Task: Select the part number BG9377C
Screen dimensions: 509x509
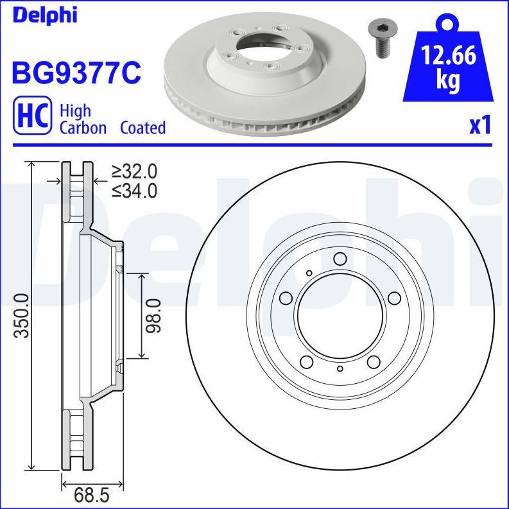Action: tap(76, 73)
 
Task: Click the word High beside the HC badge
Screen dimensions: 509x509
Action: tap(75, 110)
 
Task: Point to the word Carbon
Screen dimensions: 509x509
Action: tap(83, 128)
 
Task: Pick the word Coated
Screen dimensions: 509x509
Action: tap(142, 128)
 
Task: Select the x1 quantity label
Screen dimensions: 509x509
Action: tap(479, 125)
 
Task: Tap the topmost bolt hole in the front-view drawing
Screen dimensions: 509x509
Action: tap(340, 259)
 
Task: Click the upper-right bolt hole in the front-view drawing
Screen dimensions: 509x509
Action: tap(395, 298)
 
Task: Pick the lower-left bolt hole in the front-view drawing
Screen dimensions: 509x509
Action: tap(306, 361)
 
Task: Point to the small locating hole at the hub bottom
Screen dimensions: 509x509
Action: tap(340, 368)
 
